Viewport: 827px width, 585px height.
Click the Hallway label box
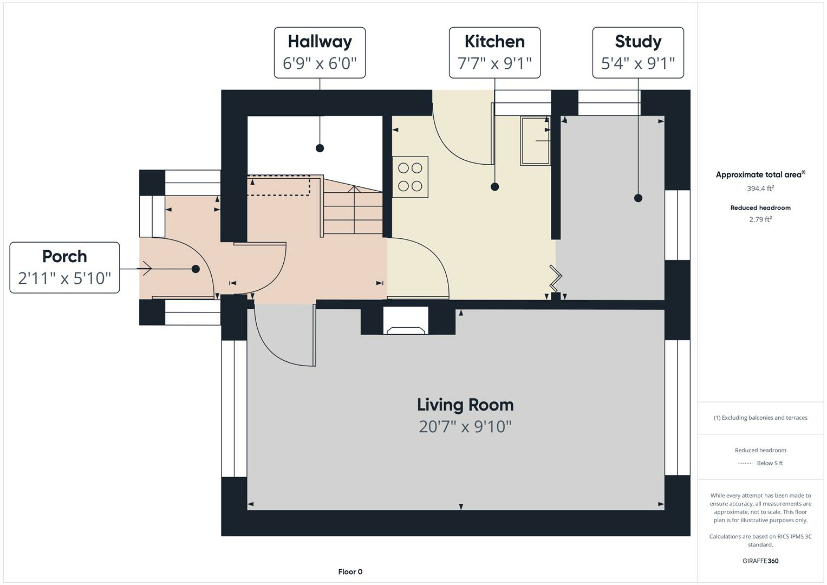[x=320, y=53]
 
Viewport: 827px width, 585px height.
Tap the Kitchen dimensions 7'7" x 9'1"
[x=494, y=63]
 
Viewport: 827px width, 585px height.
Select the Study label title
[x=638, y=42]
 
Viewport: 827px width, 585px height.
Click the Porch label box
[x=64, y=268]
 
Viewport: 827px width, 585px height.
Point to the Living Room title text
[x=465, y=405]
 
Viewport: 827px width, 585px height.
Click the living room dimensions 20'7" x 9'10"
[x=465, y=427]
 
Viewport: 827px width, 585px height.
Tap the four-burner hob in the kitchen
[x=410, y=177]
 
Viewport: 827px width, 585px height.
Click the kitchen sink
[x=535, y=140]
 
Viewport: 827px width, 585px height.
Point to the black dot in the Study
[x=638, y=198]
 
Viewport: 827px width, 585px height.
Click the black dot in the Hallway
[x=320, y=148]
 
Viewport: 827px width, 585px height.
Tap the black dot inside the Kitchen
[x=494, y=187]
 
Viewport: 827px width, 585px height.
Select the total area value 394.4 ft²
[x=760, y=188]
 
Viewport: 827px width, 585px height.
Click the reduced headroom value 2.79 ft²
[x=760, y=219]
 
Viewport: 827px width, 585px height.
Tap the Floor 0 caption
[x=350, y=571]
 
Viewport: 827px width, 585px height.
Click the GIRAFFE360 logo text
[x=760, y=561]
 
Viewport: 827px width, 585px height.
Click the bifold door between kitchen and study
[x=556, y=278]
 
